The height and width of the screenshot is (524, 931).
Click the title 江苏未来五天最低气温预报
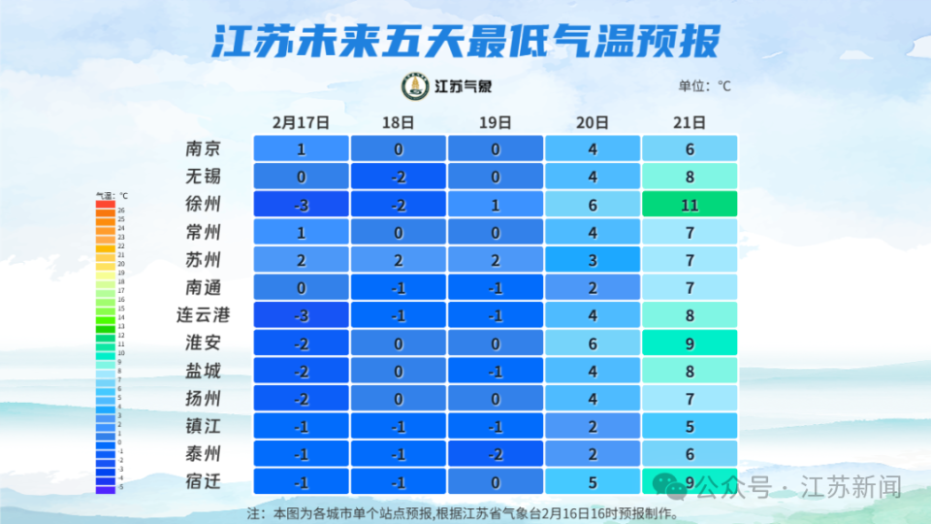tap(465, 42)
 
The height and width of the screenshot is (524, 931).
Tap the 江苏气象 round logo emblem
tap(416, 86)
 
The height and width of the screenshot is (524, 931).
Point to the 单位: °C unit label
tap(704, 86)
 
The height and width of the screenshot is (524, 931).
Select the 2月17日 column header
tap(301, 123)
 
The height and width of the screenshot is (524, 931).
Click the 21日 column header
tap(689, 123)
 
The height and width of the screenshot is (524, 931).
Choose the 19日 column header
tap(495, 123)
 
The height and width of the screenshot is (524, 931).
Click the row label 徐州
tap(204, 205)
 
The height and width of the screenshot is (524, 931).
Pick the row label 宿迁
tap(204, 481)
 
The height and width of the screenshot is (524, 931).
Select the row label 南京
tap(204, 149)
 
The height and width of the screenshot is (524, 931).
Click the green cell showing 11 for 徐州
tap(690, 205)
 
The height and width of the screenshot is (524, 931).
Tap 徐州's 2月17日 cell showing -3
tap(301, 205)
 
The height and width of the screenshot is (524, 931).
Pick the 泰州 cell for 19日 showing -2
tap(495, 454)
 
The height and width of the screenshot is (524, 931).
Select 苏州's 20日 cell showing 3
tap(593, 260)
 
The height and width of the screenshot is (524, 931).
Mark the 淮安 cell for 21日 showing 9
tap(690, 344)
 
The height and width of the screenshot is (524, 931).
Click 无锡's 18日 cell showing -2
tap(398, 177)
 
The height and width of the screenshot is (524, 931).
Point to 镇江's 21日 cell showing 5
tap(690, 427)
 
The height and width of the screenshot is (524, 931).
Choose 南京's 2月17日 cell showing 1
tap(301, 149)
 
